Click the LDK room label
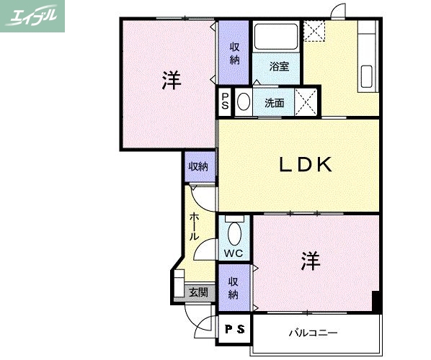point(305,165)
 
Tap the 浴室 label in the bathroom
point(279,67)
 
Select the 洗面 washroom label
point(274,103)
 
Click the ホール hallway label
point(195,226)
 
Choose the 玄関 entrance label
point(198,292)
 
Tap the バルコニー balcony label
point(314,333)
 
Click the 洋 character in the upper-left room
point(171,80)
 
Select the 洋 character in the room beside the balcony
point(311,261)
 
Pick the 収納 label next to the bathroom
point(235,53)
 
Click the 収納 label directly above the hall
point(198,167)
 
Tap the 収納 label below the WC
point(234,288)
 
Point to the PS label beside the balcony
point(234,330)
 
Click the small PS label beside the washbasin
point(226,102)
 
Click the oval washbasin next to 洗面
point(244,102)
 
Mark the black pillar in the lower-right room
point(376,302)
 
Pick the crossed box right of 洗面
point(306,102)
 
